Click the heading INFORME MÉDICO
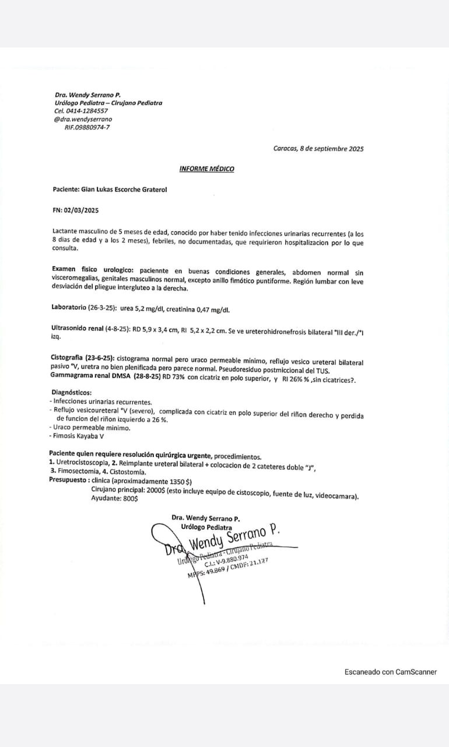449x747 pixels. [206, 169]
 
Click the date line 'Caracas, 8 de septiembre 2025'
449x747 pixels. [318, 149]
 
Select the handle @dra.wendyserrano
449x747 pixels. [83, 119]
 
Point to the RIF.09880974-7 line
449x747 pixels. [86, 127]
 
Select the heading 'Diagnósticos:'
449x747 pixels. [72, 393]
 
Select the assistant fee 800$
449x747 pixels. [130, 499]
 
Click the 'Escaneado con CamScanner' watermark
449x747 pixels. [390, 672]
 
